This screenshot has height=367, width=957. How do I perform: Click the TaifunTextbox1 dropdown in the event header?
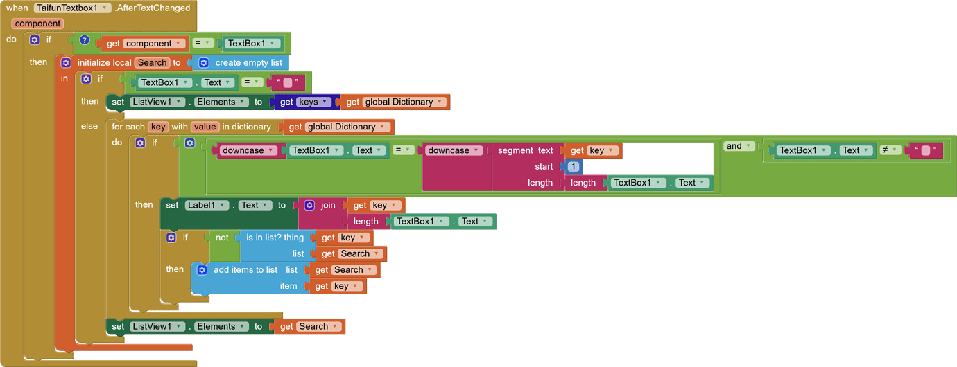point(72,8)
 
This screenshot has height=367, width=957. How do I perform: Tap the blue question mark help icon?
point(85,40)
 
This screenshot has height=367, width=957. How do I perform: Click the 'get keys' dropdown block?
point(308,102)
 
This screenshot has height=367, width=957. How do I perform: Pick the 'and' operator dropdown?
point(739,146)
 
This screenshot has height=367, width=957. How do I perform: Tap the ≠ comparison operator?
point(890,150)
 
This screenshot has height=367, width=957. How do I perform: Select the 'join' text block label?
point(328,205)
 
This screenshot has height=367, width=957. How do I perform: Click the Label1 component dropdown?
point(207,205)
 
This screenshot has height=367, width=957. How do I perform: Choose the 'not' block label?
point(222,238)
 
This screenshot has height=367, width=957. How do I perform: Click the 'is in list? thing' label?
point(275,238)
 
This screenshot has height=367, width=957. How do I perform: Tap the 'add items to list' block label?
point(245,270)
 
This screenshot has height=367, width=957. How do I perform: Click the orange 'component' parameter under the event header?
point(38,24)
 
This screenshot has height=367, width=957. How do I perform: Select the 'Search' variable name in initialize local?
point(152,62)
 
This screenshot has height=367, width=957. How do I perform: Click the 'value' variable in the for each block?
point(205,127)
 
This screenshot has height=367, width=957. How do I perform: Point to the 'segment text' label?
point(525,150)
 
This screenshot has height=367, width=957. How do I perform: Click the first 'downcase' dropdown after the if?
point(249,150)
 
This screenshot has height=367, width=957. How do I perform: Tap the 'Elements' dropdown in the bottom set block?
point(221,326)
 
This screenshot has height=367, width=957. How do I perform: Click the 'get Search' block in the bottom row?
point(309,326)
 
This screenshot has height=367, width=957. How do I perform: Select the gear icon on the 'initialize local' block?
point(66,62)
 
